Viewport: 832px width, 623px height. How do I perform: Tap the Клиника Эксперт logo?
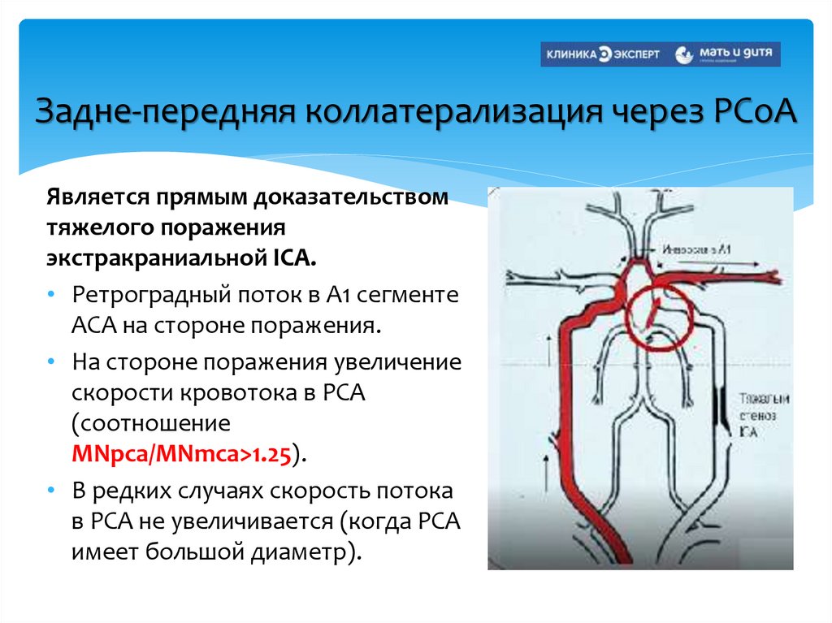(604, 54)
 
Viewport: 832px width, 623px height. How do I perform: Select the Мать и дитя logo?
(729, 54)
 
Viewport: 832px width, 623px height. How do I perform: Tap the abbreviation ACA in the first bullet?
(93, 324)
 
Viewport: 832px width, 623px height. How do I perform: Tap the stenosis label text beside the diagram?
(759, 414)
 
